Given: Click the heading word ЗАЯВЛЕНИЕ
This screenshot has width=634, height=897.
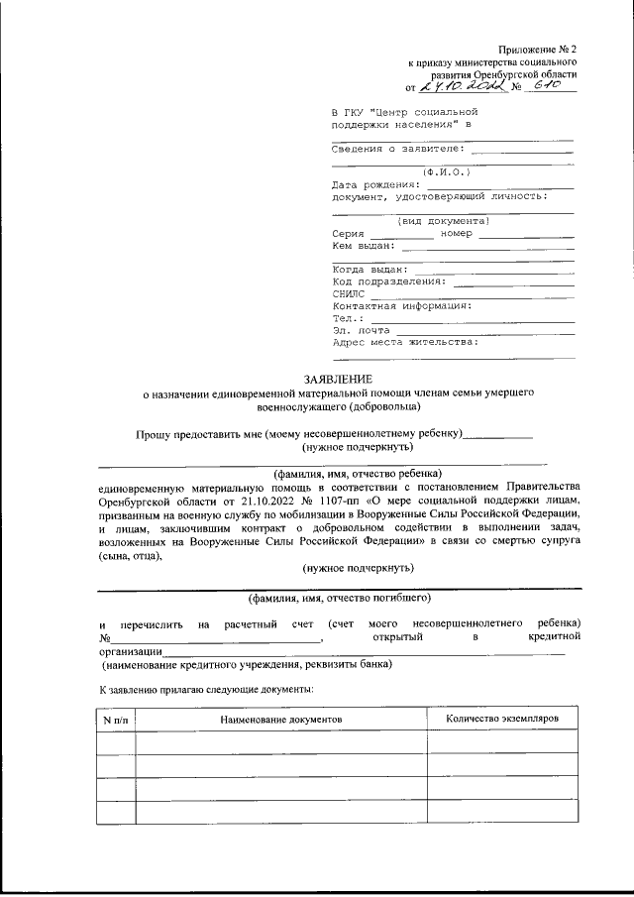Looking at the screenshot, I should point(338,379).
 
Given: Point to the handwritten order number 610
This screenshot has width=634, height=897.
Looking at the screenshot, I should point(546,86).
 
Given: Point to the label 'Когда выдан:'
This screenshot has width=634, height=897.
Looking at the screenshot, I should point(370,269).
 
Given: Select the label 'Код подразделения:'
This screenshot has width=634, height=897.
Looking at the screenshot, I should point(389,280).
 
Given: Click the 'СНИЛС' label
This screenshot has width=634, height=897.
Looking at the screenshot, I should point(349,293).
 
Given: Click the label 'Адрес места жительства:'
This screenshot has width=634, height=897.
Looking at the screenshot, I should point(406,342).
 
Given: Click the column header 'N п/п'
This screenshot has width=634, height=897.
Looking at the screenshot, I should point(116,717).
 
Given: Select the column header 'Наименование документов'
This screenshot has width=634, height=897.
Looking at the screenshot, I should point(280,717).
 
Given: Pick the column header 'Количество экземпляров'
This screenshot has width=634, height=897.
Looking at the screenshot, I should point(502,716).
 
